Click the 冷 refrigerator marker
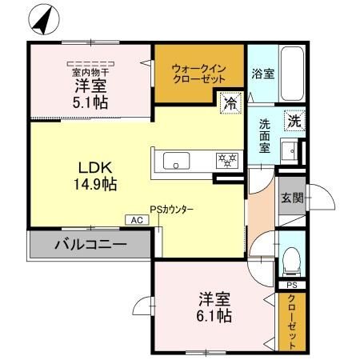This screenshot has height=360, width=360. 230,102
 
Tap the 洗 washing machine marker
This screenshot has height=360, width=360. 295,122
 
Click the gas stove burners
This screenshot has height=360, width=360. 226,160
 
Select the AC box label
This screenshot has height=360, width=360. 135,219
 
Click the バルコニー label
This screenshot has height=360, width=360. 90,245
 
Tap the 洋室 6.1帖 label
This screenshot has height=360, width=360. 215,307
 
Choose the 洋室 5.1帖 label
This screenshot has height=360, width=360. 90,93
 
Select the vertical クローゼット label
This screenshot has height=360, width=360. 293,322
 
